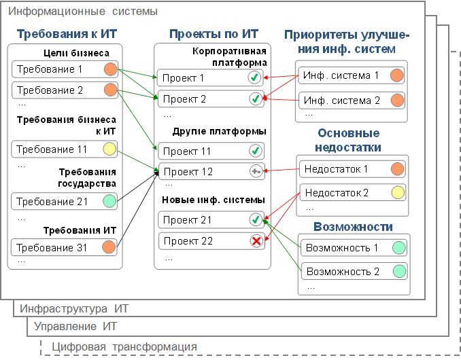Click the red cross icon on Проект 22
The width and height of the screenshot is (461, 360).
[256, 241]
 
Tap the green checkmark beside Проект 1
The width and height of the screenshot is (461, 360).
[254, 78]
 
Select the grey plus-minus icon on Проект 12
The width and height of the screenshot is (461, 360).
[256, 171]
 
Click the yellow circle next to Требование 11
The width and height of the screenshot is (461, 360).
[109, 149]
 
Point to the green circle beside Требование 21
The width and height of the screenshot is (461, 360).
[109, 201]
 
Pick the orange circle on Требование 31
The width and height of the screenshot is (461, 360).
[109, 247]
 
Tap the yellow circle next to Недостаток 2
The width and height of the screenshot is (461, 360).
[398, 193]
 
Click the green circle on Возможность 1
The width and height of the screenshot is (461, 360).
[399, 247]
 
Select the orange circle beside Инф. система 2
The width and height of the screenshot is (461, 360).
[398, 101]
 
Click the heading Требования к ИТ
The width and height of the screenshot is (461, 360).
[67, 34]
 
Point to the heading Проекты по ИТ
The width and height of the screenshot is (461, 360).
[214, 34]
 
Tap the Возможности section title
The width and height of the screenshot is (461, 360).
[353, 227]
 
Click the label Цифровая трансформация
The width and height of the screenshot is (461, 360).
[124, 347]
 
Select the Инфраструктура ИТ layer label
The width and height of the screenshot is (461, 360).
[74, 308]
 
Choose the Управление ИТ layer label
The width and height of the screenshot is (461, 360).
[75, 326]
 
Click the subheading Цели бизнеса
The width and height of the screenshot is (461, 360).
[76, 53]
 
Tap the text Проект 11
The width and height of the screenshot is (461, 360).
[187, 151]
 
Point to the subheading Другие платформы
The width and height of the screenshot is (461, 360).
[220, 131]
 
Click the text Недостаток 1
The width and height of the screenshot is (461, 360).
[336, 169]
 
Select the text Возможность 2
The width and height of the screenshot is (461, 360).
[343, 271]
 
